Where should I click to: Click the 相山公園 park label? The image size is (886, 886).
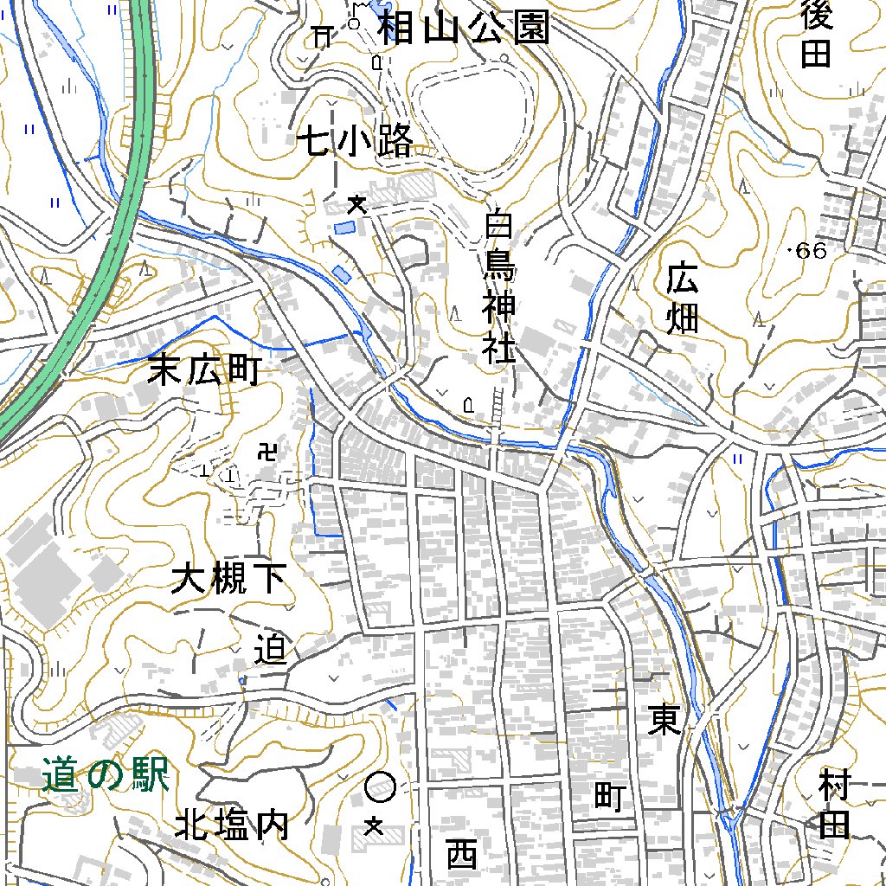click(x=464, y=29)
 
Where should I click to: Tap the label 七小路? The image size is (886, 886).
click(x=356, y=141)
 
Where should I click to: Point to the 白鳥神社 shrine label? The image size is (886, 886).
click(x=499, y=289)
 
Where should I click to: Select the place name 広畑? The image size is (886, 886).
click(x=683, y=299)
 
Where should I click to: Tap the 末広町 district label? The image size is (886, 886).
click(x=204, y=370)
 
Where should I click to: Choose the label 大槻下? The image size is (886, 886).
click(x=228, y=579)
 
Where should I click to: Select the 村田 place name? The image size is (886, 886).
click(x=834, y=806)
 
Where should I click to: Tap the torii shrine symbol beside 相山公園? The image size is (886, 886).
click(x=323, y=35)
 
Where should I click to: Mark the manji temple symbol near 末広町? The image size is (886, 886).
click(x=267, y=451)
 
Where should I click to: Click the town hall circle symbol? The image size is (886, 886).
click(x=381, y=787)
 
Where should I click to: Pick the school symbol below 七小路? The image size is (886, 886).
click(x=355, y=205)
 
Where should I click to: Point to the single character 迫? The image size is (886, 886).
click(x=271, y=649)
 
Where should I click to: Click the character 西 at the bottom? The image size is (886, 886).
click(x=462, y=855)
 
